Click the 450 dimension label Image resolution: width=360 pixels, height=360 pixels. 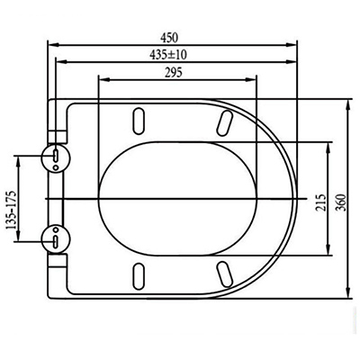pyautogui.click(x=169, y=38)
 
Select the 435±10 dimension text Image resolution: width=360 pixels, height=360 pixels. pyautogui.click(x=168, y=55)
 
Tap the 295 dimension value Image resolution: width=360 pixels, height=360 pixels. pyautogui.click(x=174, y=73)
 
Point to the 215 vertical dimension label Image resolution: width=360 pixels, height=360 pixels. pyautogui.click(x=320, y=203)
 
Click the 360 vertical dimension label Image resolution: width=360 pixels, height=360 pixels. pyautogui.click(x=341, y=202)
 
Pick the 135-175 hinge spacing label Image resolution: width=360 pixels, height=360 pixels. pyautogui.click(x=12, y=210)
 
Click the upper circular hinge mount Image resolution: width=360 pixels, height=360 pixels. pyautogui.click(x=56, y=158)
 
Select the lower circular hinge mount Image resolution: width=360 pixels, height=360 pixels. pyautogui.click(x=56, y=238)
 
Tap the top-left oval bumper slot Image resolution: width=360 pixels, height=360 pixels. pyautogui.click(x=139, y=121)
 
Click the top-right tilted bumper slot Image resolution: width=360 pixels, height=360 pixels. pyautogui.click(x=225, y=123)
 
